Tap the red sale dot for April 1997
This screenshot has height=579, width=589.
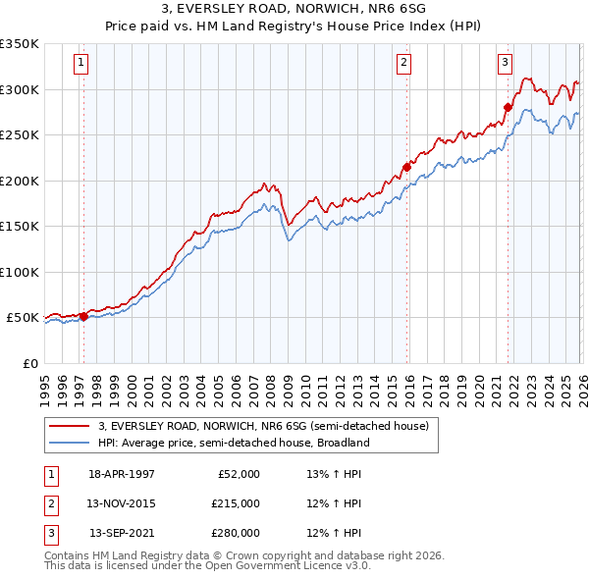83,316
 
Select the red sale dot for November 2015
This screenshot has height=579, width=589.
407,167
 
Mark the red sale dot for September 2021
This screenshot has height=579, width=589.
508,107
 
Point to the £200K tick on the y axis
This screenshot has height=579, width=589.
20,181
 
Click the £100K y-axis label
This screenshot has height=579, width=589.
20,272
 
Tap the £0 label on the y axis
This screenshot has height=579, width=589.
28,363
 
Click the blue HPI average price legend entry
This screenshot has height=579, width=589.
233,443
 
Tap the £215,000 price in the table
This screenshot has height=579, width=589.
236,503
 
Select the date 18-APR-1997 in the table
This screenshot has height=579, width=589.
122,473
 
